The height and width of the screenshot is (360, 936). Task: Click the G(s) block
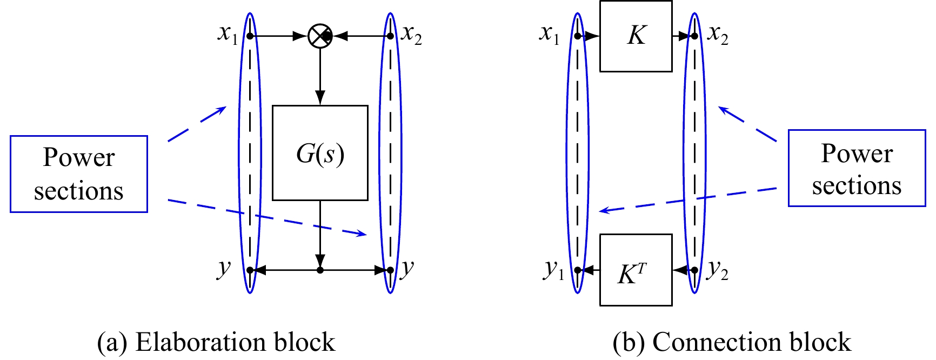[x=320, y=153]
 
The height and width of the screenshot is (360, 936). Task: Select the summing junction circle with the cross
[x=320, y=36]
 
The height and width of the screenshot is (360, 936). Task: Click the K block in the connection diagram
[x=636, y=36]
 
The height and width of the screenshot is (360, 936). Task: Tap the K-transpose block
[x=636, y=270]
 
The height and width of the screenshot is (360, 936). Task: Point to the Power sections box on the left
[x=79, y=174]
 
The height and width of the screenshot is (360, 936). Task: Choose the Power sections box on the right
[x=857, y=168]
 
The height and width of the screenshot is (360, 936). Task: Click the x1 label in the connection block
[x=550, y=34]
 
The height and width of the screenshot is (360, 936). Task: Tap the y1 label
[x=554, y=269]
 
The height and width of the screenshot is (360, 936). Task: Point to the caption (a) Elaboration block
[x=216, y=343]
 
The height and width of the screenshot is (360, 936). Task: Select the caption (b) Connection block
[x=732, y=343]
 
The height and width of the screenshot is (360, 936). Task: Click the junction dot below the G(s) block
[x=320, y=270]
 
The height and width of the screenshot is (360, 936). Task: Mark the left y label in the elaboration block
[x=224, y=268]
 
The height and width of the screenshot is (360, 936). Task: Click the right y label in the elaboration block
[x=407, y=268]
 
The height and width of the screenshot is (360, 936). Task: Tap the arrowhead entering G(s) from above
[x=320, y=98]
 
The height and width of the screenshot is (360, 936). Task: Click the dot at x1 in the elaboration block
[x=250, y=36]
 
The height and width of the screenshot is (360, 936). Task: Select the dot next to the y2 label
[x=695, y=270]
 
